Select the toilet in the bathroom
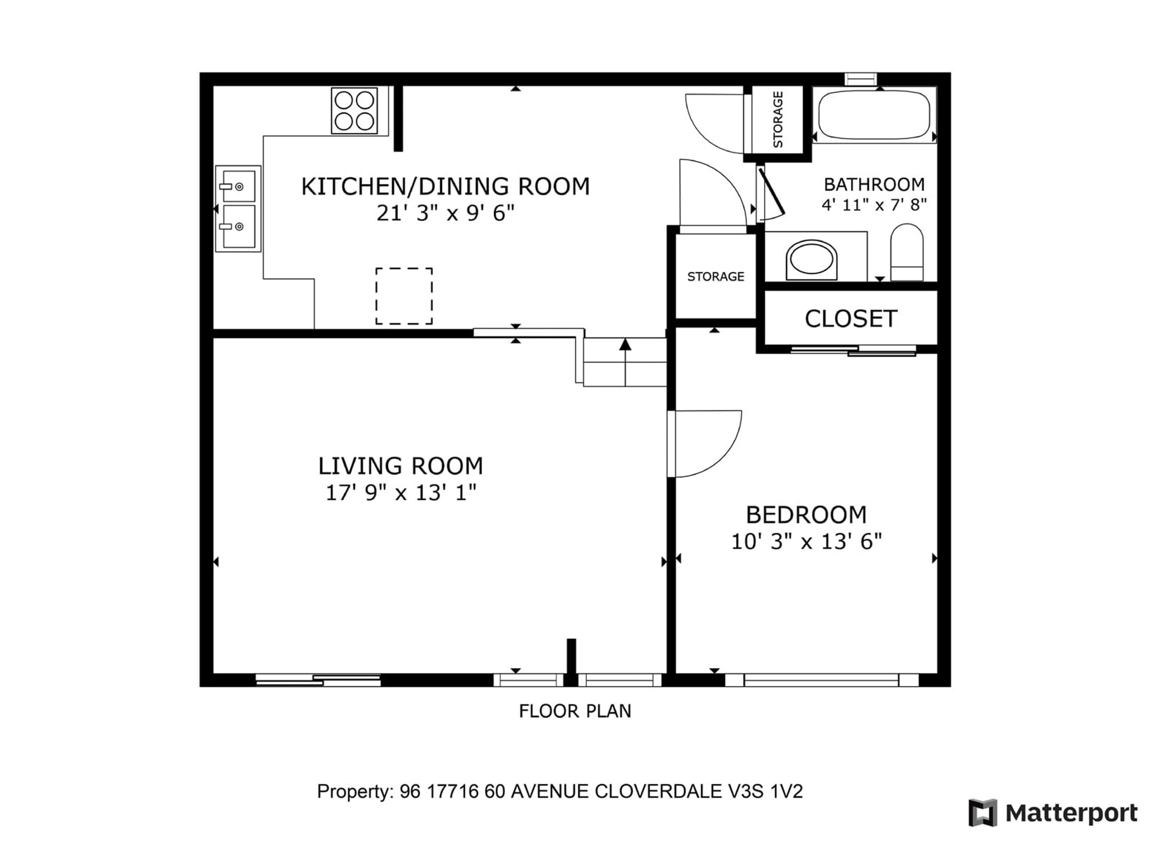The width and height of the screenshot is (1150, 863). tap(907, 252)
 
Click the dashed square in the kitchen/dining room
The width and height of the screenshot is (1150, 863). tap(404, 296)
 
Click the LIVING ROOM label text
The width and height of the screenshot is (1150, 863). tap(400, 466)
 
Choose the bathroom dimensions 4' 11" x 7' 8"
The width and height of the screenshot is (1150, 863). tap(874, 205)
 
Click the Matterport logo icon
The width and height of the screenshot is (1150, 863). tap(983, 813)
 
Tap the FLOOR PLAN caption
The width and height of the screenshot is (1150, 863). tap(575, 711)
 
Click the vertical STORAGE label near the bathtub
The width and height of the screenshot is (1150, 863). tap(778, 120)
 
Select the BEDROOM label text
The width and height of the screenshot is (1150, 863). tap(806, 515)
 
